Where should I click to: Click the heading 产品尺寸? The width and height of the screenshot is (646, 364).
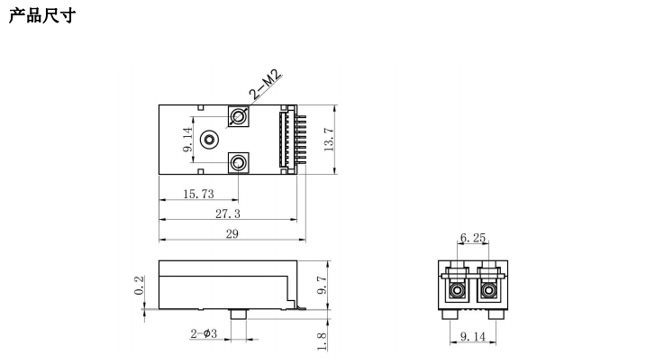point(42,15)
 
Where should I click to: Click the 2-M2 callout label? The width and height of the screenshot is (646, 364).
point(266,85)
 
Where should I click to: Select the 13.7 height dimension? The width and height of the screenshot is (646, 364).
point(328,140)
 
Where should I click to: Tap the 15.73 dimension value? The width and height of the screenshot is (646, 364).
point(198,194)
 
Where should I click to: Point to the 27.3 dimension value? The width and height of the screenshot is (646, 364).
point(228,214)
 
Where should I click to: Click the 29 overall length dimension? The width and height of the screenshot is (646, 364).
point(232,233)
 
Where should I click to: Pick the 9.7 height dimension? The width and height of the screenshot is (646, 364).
point(323,285)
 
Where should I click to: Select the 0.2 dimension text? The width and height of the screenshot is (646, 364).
point(139,285)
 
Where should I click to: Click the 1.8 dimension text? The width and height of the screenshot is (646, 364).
point(323,341)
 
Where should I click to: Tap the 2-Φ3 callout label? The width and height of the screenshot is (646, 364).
point(204,333)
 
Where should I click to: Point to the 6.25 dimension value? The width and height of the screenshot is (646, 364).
point(473,238)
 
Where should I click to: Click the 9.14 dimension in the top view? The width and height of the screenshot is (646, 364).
point(188,140)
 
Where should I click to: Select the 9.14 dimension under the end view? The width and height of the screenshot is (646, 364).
point(473,336)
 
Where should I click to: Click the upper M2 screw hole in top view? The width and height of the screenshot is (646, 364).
point(238,116)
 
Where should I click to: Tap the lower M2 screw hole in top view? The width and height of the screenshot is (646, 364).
point(238,163)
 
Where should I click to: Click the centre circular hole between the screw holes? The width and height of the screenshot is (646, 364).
point(209,140)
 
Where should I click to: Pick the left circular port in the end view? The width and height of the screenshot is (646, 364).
point(457,291)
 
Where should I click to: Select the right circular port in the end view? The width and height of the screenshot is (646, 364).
point(488,291)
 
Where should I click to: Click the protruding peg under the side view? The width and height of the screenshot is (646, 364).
point(239,314)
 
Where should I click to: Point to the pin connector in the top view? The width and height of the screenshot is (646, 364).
point(293,140)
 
